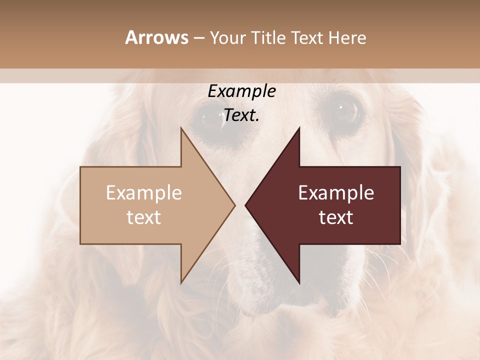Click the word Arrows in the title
tap(156, 37)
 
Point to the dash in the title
tap(198, 38)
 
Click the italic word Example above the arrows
tap(241, 91)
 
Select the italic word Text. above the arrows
tap(241, 115)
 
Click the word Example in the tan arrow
tap(144, 193)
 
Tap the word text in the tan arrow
tap(144, 217)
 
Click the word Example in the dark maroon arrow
tap(336, 193)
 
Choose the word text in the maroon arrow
tap(336, 217)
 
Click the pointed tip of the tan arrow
tap(235, 205)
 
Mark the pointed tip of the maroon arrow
tap(245, 205)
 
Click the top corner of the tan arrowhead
tap(181, 127)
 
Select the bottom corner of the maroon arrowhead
tap(299, 283)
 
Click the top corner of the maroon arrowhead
tap(299, 127)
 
